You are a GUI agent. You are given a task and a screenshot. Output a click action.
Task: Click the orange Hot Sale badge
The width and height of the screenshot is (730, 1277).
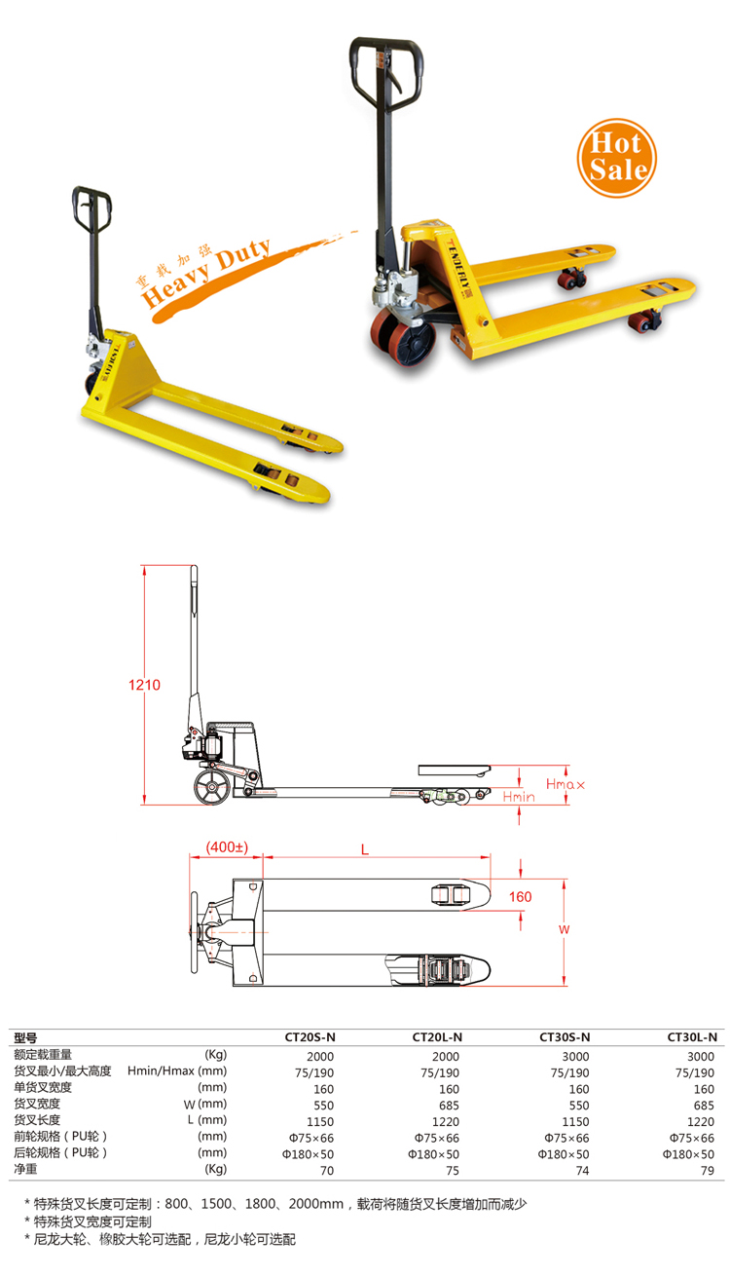point(616,158)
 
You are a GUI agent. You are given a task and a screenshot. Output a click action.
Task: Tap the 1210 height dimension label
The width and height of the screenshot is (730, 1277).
point(144,685)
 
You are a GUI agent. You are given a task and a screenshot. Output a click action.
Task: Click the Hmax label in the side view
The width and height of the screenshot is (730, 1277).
point(565,784)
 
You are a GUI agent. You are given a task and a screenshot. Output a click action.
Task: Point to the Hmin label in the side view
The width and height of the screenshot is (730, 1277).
point(519,797)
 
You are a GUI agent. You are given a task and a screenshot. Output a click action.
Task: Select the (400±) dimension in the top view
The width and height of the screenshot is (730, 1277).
point(227,847)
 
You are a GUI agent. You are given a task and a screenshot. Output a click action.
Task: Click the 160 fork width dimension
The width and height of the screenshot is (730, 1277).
point(520,897)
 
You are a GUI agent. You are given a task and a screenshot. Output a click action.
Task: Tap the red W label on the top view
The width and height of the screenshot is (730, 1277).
point(564,929)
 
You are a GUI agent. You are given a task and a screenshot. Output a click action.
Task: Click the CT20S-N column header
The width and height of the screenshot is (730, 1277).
point(310,1037)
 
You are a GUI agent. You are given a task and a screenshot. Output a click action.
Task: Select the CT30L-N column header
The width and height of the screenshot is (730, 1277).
point(692,1037)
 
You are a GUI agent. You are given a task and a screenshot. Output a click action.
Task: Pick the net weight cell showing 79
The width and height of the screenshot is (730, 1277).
point(708,1171)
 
